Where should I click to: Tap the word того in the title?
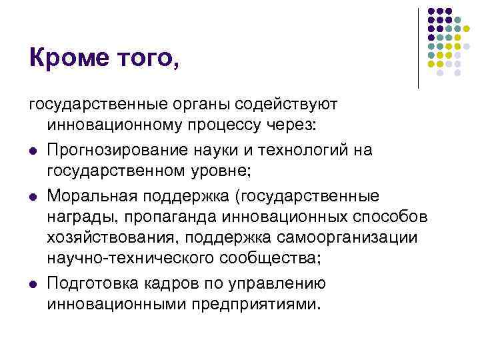coord(148,59)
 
